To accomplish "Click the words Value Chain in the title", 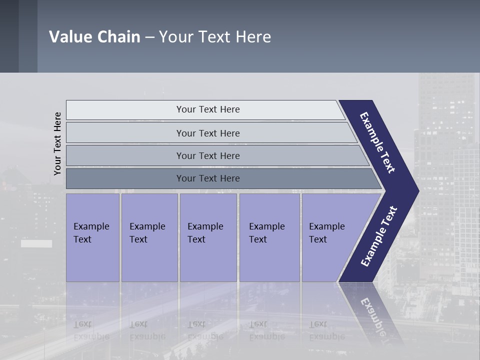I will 94,37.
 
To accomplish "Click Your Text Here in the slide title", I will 215,37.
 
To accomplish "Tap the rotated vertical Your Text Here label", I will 57,143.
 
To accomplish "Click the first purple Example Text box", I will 92,237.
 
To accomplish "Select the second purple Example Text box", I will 149,237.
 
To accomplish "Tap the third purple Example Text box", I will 208,237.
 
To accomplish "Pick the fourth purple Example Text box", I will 269,237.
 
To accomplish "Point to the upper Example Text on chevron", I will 377,142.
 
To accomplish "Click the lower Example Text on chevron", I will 379,236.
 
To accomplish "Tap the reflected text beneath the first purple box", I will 91,330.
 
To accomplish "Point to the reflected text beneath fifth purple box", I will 326,330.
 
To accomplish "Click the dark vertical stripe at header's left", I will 28,36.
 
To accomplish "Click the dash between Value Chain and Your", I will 149,37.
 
